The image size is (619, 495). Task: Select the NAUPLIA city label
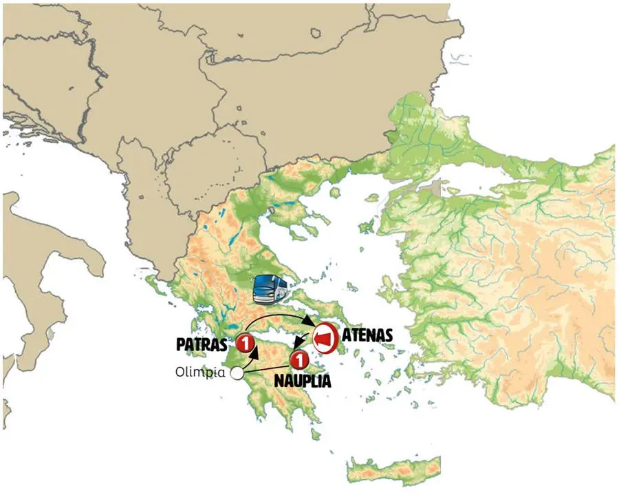tap(303, 379)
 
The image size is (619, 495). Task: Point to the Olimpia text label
tap(199, 373)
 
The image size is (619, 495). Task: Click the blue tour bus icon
tap(270, 290)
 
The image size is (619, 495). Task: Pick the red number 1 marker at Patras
tap(245, 341)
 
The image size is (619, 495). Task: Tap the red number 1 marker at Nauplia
tap(299, 359)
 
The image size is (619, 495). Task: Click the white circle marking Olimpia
tap(237, 373)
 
